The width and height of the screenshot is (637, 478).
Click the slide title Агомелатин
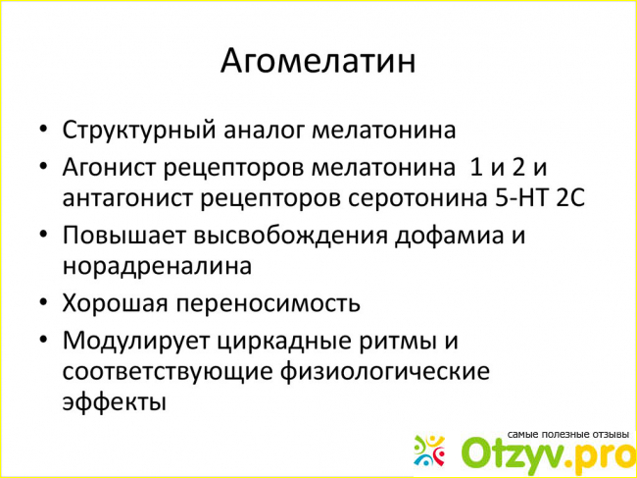coord(318,62)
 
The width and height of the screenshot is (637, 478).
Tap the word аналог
coord(264,132)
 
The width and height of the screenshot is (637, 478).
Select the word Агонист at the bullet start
coord(110,167)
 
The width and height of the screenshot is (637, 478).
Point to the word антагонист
coord(127,198)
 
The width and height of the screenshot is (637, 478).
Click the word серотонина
coord(416,198)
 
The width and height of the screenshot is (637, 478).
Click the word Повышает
coord(123,236)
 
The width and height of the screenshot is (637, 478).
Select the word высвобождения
coord(290,236)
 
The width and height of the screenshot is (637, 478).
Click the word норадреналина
coord(157,267)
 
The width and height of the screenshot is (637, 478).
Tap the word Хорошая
coord(115,303)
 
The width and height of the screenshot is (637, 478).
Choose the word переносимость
coord(268,304)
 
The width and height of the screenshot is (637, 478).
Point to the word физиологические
coord(385,372)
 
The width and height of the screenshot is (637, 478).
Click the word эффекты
coord(114,401)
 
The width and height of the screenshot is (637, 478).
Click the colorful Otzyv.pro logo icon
coord(429,451)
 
